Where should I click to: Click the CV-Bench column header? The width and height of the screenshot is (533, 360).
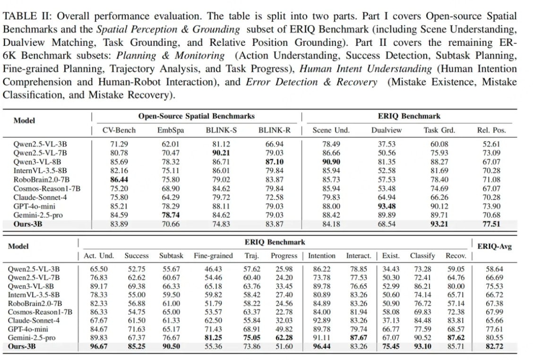click(119, 130)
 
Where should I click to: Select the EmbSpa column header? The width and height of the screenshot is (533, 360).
click(170, 130)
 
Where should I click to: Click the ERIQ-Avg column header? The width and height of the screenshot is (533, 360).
click(494, 246)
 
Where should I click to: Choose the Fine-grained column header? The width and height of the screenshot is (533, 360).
click(213, 256)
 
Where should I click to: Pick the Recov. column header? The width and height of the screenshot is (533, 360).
click(456, 256)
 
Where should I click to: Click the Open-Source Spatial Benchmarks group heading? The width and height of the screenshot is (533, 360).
click(196, 116)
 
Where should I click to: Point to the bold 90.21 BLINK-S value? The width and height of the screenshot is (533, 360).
click(221, 153)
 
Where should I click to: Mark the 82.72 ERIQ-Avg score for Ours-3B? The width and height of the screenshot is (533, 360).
click(494, 346)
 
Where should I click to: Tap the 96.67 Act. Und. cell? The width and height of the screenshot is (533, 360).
click(99, 346)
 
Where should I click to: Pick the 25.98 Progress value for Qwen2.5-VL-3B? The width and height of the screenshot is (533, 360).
click(284, 269)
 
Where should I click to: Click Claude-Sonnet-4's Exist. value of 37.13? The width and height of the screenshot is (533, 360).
click(391, 320)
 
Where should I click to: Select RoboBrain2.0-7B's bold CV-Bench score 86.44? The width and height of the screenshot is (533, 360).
click(120, 180)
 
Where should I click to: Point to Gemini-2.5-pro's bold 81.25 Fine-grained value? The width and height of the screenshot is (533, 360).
click(213, 338)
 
